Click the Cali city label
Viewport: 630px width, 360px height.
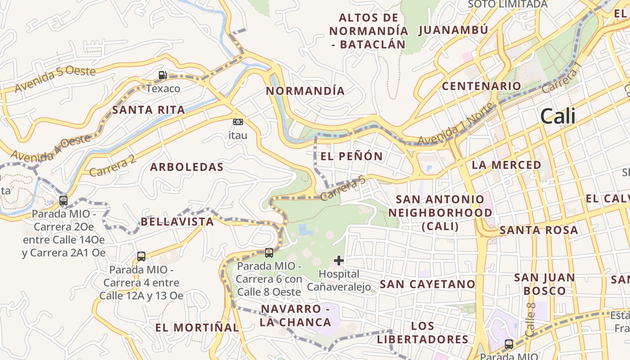[558, 116]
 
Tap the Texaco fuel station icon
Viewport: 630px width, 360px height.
[162, 75]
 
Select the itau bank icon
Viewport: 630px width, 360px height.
[238, 122]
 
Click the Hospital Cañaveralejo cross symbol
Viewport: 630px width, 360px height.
[339, 260]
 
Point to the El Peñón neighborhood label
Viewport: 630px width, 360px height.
[351, 157]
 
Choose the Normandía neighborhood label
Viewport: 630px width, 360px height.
[305, 91]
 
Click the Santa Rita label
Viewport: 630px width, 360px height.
[148, 110]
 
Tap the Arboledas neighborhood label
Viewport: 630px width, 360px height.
[187, 167]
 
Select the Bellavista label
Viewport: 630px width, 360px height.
[177, 222]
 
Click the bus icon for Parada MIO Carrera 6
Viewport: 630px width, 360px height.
[269, 253]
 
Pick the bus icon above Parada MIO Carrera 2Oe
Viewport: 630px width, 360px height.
[63, 201]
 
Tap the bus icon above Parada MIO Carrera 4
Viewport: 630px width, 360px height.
[141, 256]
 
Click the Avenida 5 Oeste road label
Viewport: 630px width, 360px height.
[55, 78]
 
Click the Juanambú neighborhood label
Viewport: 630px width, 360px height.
[453, 30]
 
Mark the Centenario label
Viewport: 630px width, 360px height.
[481, 86]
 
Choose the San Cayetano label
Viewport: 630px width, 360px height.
[427, 284]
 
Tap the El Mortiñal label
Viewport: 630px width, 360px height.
[197, 328]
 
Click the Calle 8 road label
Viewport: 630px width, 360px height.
[531, 319]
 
